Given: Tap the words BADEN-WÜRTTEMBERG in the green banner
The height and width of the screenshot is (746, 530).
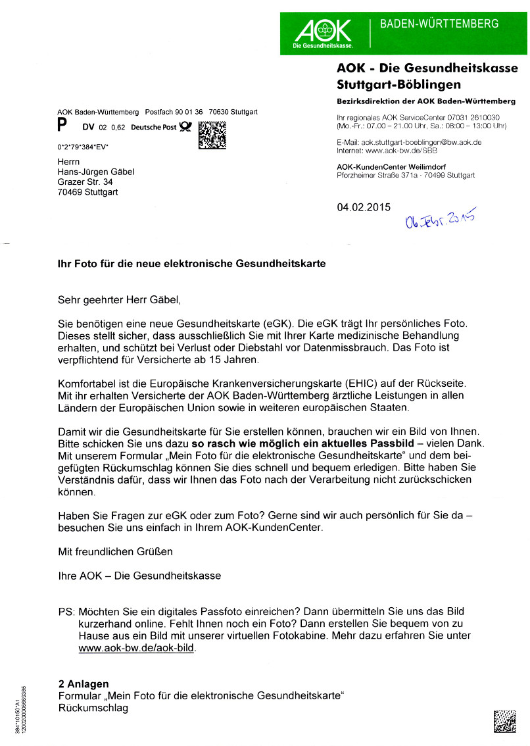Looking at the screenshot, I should tap(440, 24).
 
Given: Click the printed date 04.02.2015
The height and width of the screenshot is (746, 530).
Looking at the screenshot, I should tap(364, 207).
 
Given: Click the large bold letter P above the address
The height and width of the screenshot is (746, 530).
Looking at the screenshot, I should tap(62, 126).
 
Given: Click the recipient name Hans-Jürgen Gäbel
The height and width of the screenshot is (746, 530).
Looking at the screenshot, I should tap(96, 172).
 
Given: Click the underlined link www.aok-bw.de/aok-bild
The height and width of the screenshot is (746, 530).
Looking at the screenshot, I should tap(137, 648).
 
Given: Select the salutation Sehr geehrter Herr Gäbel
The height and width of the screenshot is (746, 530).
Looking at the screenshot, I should tap(118, 301).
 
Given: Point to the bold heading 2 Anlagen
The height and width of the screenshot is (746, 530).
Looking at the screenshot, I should tap(84, 684).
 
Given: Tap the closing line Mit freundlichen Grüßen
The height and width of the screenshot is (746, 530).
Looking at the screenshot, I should tap(116, 551).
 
